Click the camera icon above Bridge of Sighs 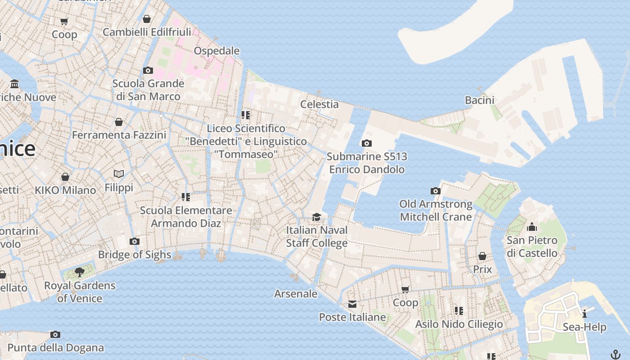[x=134, y=242]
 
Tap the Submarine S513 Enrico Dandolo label [x=367, y=163]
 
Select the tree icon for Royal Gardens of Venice [x=80, y=272]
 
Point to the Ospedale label [x=216, y=51]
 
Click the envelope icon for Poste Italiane [x=352, y=305]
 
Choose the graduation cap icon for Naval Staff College [x=317, y=217]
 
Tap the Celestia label [x=319, y=104]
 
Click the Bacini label [x=479, y=100]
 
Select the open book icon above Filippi [x=119, y=174]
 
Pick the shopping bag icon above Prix [x=482, y=256]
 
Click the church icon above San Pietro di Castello [x=532, y=227]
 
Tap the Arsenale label [x=296, y=294]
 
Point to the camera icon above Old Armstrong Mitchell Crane [x=436, y=191]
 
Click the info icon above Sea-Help [x=584, y=314]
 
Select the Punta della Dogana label [x=56, y=348]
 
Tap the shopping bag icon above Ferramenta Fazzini [x=119, y=122]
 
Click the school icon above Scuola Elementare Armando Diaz [x=185, y=197]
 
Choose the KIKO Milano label [x=65, y=190]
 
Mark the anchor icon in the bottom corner [x=615, y=354]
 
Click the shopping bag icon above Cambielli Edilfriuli [x=146, y=19]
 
